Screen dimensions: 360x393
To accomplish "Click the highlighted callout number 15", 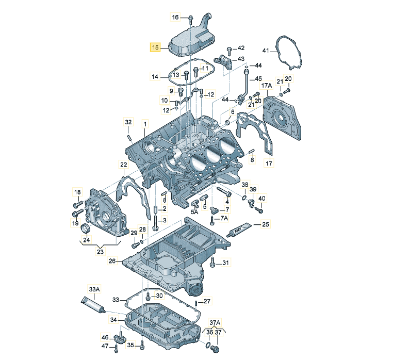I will [155, 47].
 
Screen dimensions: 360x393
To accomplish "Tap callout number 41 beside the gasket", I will [266, 51].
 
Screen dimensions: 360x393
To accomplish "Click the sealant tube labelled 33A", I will [92, 304].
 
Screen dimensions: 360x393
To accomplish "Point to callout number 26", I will [112, 261].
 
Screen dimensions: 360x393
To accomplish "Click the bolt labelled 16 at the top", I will [190, 19].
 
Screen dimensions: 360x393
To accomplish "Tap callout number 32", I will [128, 122].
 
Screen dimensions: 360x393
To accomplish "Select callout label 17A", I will [266, 85].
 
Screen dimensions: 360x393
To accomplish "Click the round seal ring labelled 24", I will [86, 228].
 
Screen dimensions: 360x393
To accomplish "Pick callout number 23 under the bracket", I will [100, 252].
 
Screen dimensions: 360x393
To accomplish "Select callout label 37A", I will [214, 322].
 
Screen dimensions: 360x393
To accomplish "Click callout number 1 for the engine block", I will [145, 124].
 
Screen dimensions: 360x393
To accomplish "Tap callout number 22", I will [124, 165].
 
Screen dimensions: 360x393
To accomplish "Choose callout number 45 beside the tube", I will [259, 79].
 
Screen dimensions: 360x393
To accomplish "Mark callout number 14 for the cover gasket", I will [155, 77].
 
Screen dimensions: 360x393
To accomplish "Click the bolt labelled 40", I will [259, 210].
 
